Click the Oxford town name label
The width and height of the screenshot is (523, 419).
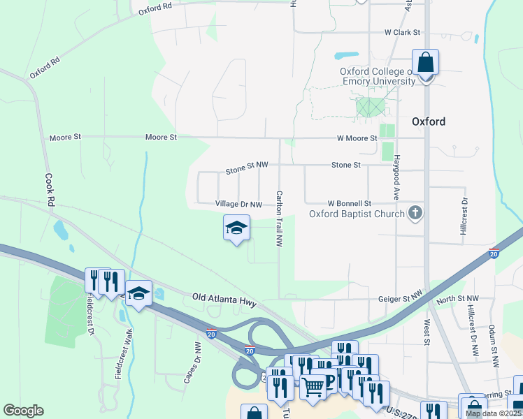(x=429, y=122)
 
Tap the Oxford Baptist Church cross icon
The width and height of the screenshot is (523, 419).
(x=415, y=213)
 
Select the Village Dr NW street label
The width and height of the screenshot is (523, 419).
(x=238, y=205)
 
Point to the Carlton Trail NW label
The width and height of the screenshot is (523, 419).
(x=279, y=219)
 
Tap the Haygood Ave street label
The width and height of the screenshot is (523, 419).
(x=396, y=177)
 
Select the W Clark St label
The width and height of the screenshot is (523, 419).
(x=402, y=33)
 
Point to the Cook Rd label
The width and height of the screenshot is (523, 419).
(x=49, y=189)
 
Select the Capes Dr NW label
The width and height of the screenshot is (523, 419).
(x=192, y=363)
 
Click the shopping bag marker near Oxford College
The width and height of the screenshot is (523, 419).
(x=424, y=64)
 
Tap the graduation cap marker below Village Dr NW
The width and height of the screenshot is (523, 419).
(x=236, y=228)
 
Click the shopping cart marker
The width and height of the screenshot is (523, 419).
(x=313, y=385)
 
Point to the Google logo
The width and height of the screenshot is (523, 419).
(x=23, y=411)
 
